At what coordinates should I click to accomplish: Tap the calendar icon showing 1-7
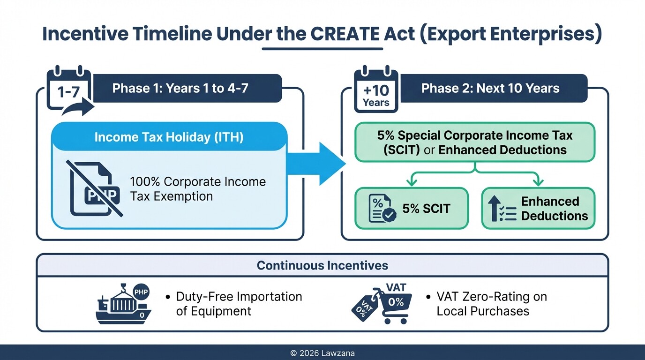[x=68, y=90]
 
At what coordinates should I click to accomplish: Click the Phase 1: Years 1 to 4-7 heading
[x=180, y=88]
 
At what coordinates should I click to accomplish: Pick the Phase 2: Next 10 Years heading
[x=490, y=88]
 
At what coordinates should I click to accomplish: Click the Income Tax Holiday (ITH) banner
[x=169, y=137]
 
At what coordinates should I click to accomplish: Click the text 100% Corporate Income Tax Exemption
[x=197, y=189]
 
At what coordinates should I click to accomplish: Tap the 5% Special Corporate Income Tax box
[x=475, y=142]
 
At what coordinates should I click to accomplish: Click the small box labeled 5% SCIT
[x=411, y=209]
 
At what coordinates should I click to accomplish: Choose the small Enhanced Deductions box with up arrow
[x=538, y=209]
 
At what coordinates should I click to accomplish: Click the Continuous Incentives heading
[x=322, y=266]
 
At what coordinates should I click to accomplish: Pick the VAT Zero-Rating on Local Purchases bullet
[x=491, y=304]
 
